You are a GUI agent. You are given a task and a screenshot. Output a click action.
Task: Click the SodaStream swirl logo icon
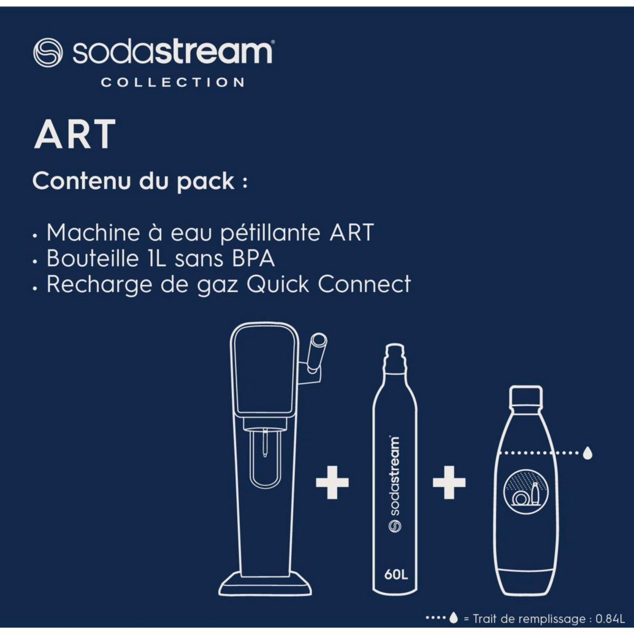coord(48,52)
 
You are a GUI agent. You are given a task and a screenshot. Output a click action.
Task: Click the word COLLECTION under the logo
coord(173,82)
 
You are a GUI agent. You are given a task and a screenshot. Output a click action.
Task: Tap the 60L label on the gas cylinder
coord(396,575)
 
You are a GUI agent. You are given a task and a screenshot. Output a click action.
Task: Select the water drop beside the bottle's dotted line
coord(588,453)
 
